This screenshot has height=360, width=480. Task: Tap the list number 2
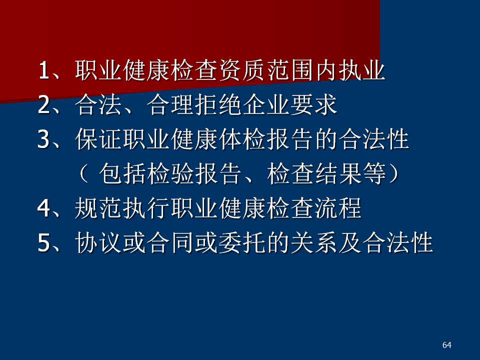(x=44, y=104)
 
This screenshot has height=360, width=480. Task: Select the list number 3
(x=44, y=139)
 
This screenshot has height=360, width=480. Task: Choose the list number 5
(x=44, y=242)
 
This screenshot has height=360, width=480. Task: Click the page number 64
(x=446, y=345)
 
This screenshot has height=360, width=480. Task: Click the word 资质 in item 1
(x=243, y=70)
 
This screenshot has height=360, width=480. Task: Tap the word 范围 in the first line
(x=291, y=70)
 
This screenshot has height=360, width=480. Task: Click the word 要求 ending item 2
(x=314, y=105)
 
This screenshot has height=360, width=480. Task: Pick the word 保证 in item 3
(x=99, y=139)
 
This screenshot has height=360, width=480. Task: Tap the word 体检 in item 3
(x=243, y=139)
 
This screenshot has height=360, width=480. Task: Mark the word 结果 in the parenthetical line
(x=338, y=174)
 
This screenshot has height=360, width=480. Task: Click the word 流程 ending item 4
(x=338, y=208)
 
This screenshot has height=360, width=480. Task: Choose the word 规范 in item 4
(x=99, y=208)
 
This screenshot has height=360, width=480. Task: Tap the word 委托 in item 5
(x=243, y=243)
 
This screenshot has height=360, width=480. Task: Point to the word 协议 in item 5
(x=99, y=243)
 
